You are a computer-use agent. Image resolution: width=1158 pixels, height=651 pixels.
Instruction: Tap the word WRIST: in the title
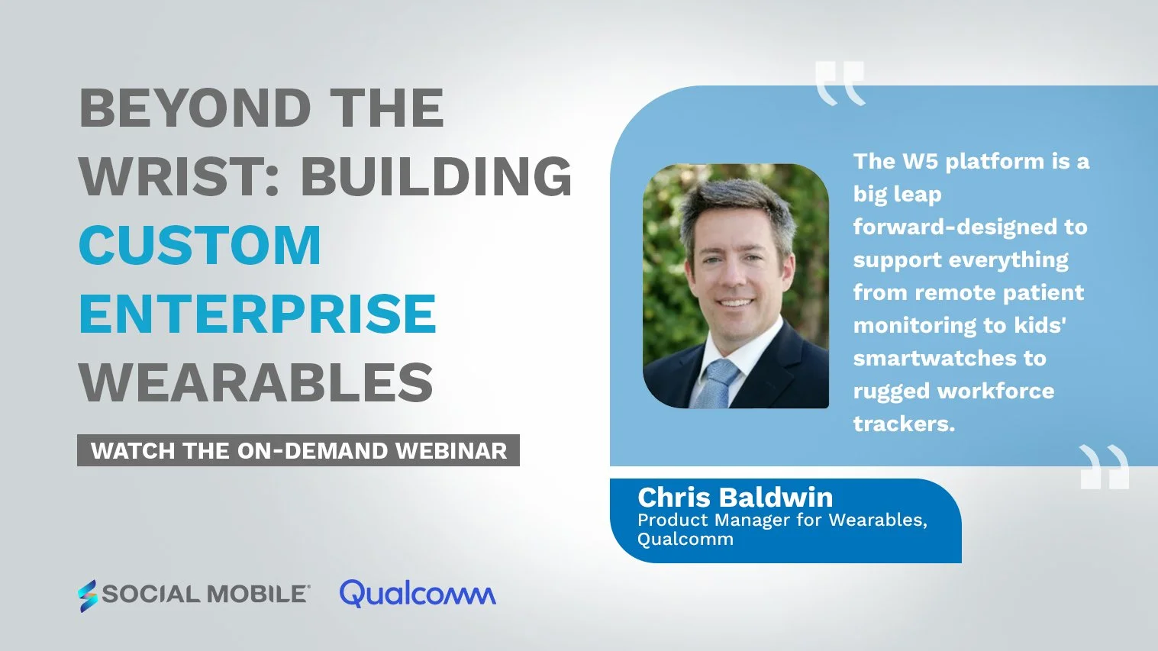(x=179, y=177)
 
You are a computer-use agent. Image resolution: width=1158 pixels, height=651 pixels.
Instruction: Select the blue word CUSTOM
(x=200, y=246)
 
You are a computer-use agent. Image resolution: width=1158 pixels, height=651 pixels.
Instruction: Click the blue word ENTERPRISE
(x=257, y=314)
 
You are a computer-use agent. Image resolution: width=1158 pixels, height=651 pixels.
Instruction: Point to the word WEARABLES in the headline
(x=256, y=382)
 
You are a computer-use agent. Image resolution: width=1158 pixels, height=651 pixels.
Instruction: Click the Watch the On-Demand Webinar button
(x=298, y=450)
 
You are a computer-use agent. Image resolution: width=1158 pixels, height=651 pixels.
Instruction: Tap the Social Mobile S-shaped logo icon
(x=88, y=595)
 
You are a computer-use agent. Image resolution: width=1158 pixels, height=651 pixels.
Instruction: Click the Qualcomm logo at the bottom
(x=418, y=594)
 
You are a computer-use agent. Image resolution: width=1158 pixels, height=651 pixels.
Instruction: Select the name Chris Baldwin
(x=735, y=498)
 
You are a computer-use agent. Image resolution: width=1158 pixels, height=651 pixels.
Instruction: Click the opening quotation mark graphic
(x=840, y=82)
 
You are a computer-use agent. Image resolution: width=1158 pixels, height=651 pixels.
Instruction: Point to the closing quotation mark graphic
(x=1105, y=466)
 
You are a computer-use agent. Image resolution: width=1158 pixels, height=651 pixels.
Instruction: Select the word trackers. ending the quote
(x=904, y=424)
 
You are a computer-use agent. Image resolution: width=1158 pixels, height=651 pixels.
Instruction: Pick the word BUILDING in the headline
(x=436, y=177)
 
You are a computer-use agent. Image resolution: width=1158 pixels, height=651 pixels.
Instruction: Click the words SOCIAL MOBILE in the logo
(x=205, y=594)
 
